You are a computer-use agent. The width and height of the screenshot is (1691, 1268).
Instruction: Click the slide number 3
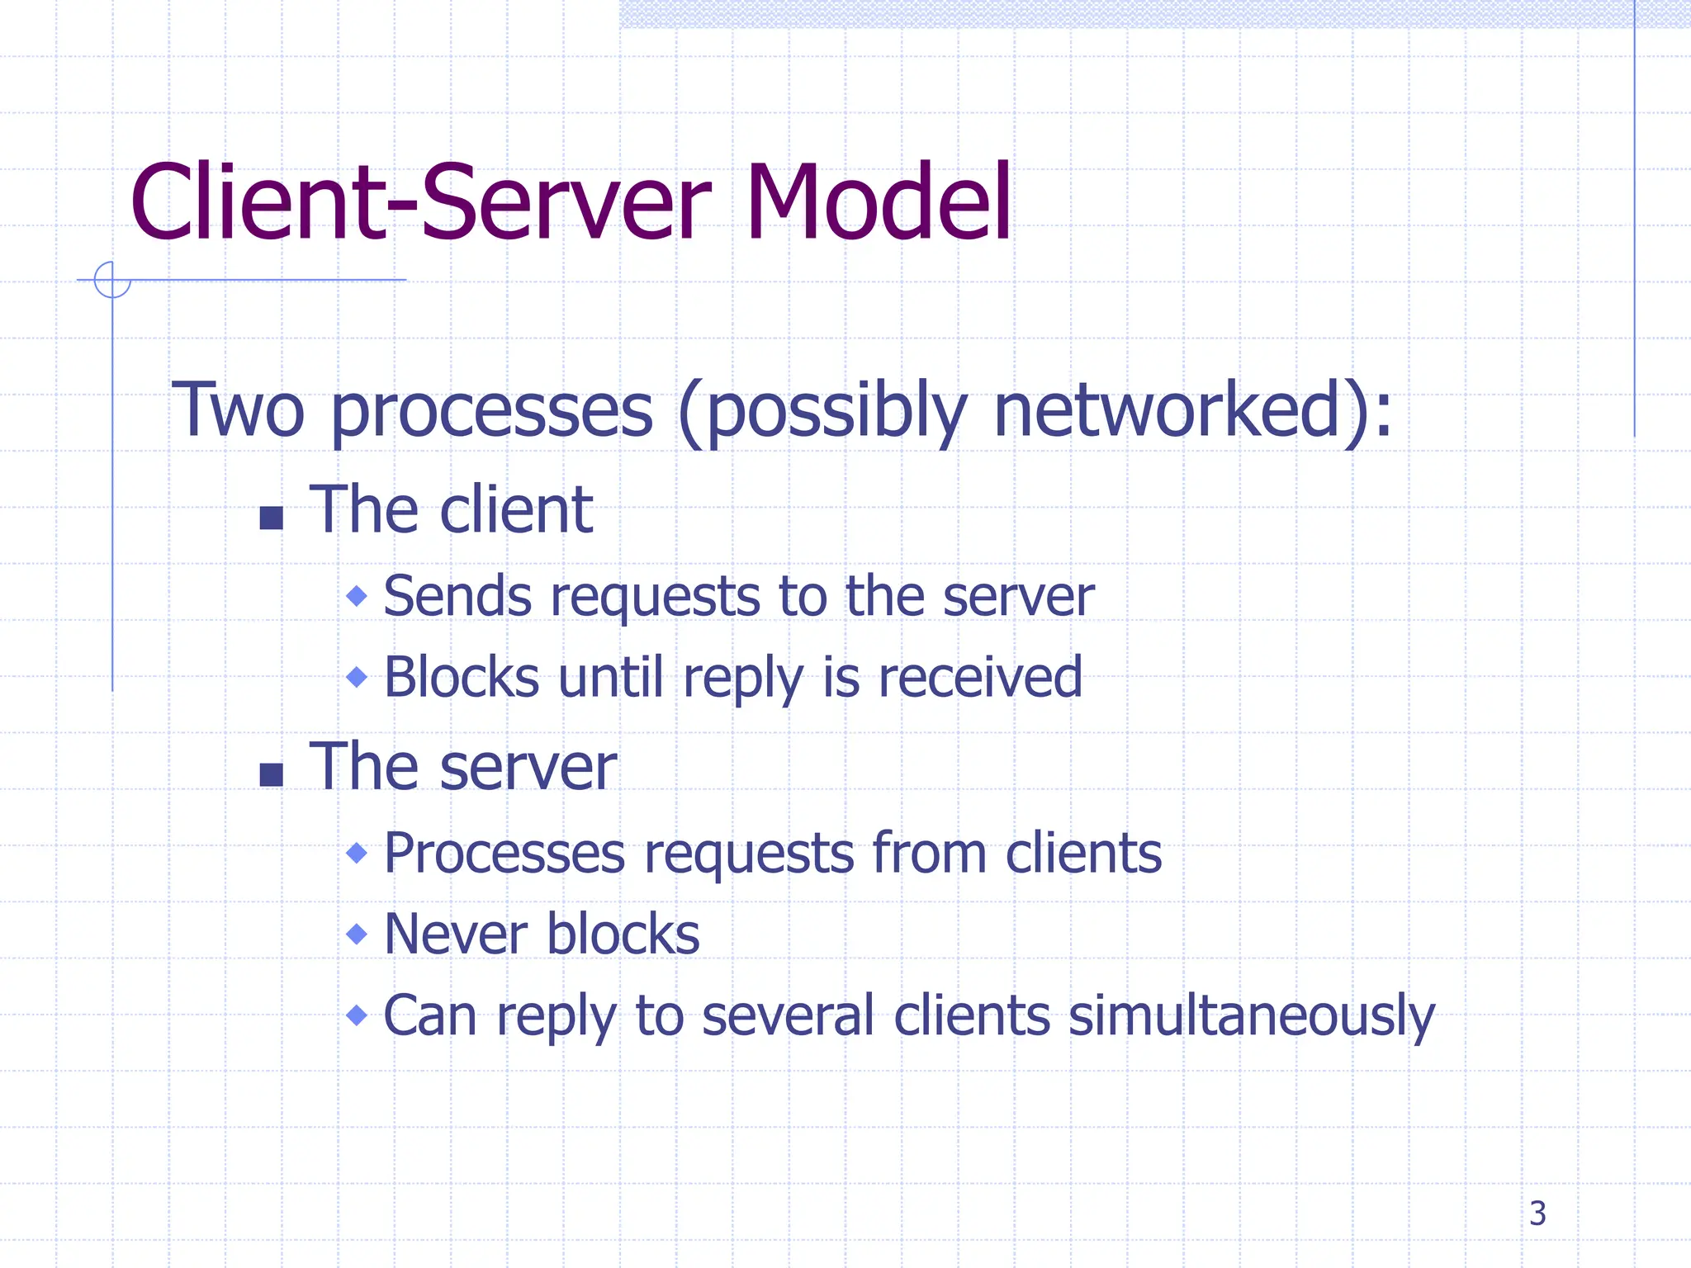point(1537,1214)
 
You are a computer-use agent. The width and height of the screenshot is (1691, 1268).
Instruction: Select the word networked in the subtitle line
point(1167,410)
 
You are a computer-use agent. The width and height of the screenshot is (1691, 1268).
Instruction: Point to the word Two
point(238,410)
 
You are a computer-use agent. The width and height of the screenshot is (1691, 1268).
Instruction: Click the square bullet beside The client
point(272,518)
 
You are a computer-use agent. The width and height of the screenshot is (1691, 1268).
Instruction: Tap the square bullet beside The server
point(272,774)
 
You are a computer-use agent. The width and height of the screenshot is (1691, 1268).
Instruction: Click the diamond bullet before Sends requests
point(357,595)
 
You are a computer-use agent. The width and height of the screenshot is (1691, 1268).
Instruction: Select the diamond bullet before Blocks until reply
point(357,677)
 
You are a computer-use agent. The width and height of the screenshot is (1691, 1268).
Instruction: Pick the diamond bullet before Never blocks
point(357,934)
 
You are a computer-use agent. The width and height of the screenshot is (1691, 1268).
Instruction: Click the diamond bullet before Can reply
point(357,1015)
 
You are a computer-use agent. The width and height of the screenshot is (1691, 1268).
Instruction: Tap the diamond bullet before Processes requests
point(357,852)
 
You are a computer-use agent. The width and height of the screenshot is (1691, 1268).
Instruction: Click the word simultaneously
point(1251,1015)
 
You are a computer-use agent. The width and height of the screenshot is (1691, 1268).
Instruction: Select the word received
point(979,677)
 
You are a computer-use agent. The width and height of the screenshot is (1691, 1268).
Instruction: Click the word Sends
point(457,595)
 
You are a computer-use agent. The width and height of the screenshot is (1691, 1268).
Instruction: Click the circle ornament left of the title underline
point(112,280)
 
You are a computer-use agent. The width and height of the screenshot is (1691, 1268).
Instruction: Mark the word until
point(610,677)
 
